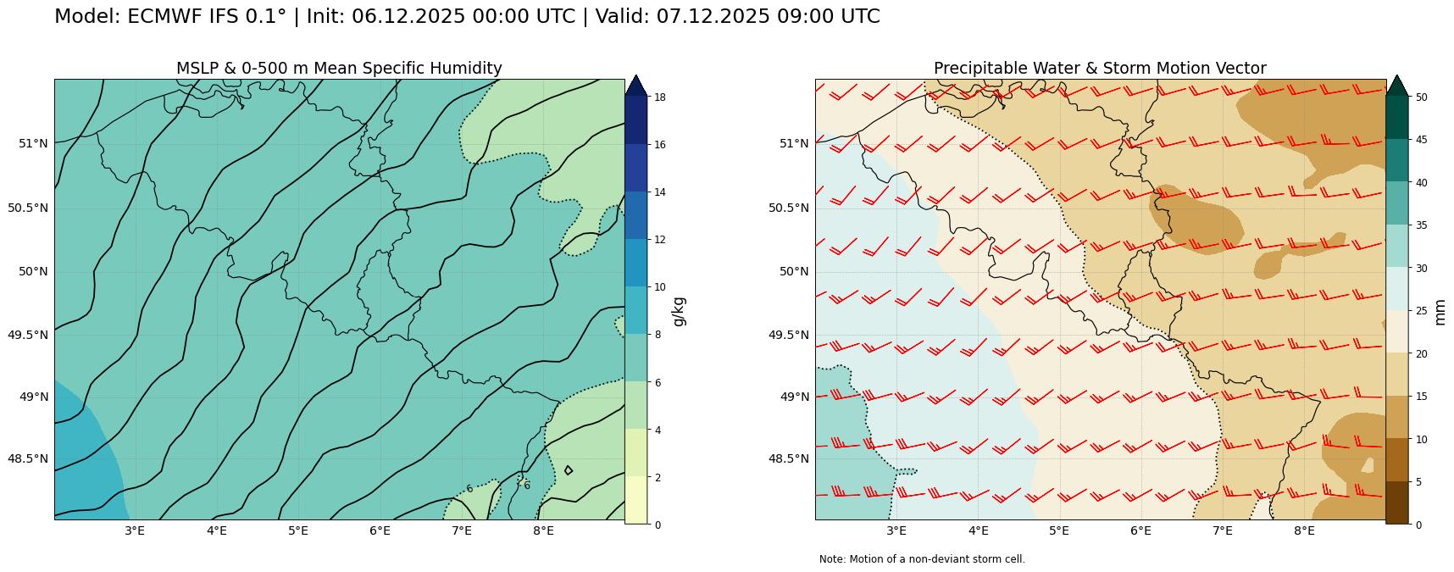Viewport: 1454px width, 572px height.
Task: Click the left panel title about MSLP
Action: click(339, 69)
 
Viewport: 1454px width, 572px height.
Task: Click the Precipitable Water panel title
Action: click(1100, 69)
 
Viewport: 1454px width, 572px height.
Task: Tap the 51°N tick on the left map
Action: click(33, 143)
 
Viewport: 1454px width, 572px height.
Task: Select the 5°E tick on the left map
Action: click(298, 531)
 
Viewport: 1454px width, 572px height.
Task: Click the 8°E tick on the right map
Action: click(1304, 531)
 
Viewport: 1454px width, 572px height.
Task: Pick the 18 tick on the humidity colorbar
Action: click(658, 97)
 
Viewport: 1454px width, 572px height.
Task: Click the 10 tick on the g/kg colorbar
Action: click(658, 287)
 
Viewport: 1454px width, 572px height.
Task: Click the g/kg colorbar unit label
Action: click(679, 311)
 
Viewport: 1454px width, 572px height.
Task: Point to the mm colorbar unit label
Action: click(1440, 311)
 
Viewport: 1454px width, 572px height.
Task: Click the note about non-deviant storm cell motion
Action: click(922, 559)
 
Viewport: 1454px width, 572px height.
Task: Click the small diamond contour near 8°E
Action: click(568, 470)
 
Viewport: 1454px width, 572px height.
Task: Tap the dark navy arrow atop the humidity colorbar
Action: click(635, 85)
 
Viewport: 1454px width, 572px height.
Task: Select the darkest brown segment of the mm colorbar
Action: click(1396, 503)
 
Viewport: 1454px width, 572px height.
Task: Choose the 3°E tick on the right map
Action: click(896, 531)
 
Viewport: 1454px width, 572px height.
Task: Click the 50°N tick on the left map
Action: click(33, 271)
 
